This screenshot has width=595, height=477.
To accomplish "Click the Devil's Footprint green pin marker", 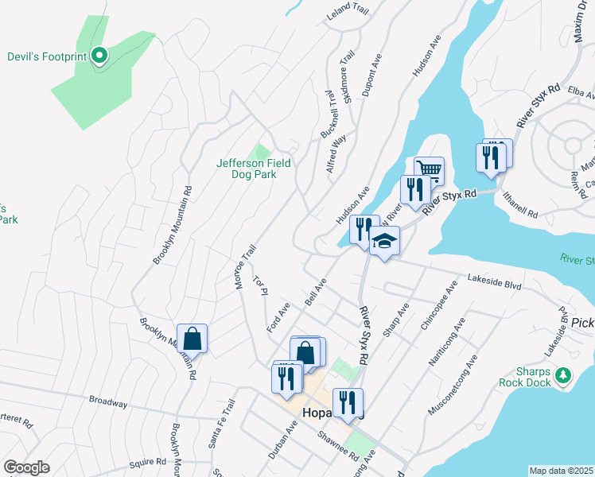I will click(99, 56).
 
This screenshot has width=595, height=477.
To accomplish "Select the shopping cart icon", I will click(430, 170).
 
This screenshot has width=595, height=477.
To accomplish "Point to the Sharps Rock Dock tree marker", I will click(563, 374).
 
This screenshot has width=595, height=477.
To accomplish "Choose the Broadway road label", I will click(108, 401).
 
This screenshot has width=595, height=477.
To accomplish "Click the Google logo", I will click(27, 467).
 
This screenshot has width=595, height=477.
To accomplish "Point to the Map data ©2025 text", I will click(561, 471).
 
